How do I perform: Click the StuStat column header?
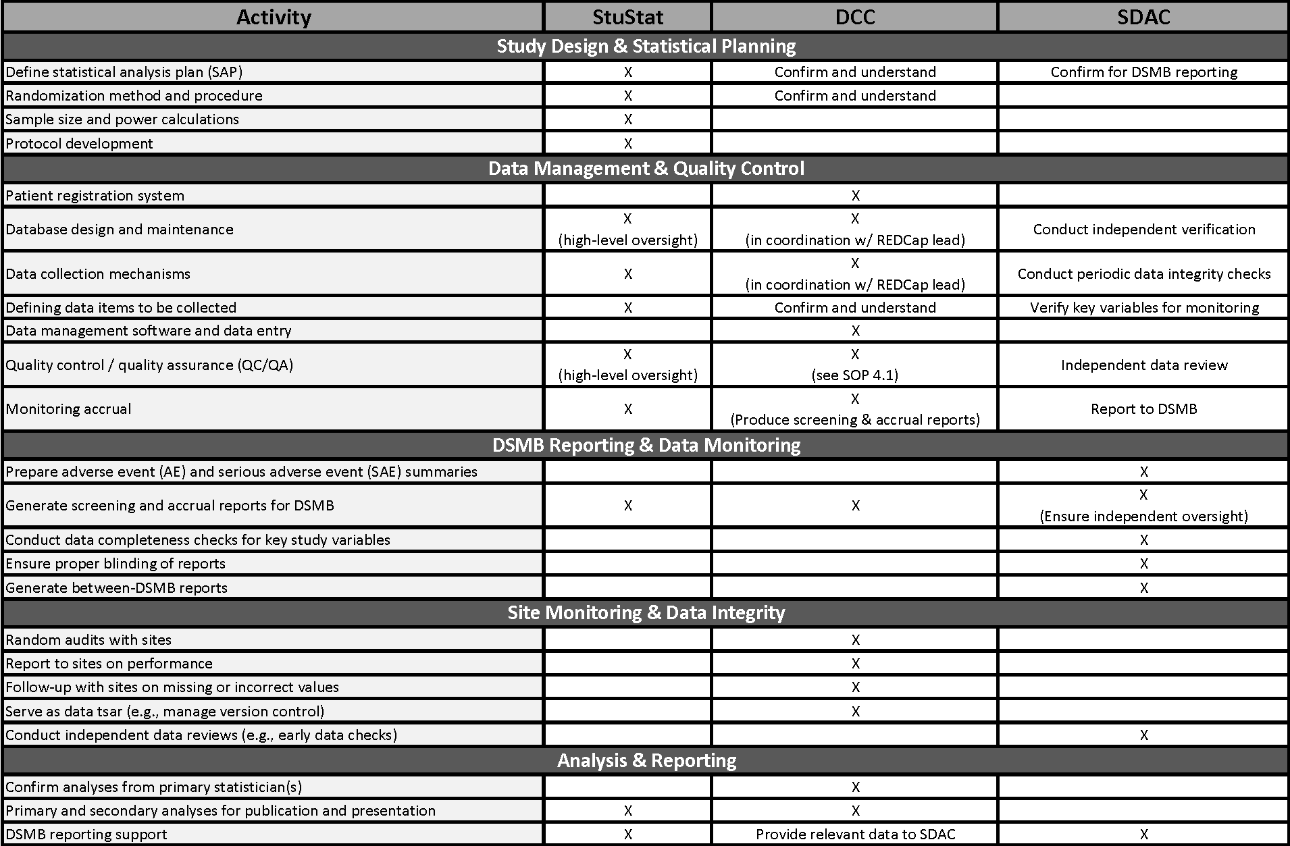pyautogui.click(x=627, y=17)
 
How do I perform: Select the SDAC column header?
pyautogui.click(x=1143, y=17)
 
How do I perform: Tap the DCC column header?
pyautogui.click(x=855, y=17)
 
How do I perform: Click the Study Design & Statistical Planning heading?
pyautogui.click(x=646, y=46)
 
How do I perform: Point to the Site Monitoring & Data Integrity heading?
pyautogui.click(x=646, y=612)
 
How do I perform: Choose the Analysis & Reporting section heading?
pyautogui.click(x=646, y=760)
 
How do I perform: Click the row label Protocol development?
pyautogui.click(x=79, y=143)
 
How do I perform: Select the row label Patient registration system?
pyautogui.click(x=95, y=195)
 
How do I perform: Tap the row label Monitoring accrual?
pyautogui.click(x=68, y=408)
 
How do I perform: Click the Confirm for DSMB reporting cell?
pyautogui.click(x=1143, y=72)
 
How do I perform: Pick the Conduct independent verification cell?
pyautogui.click(x=1143, y=229)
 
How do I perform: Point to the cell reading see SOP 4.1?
pyautogui.click(x=855, y=375)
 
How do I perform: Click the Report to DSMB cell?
pyautogui.click(x=1143, y=408)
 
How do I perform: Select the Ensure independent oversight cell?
pyautogui.click(x=1143, y=516)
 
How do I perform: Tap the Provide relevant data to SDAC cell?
pyautogui.click(x=855, y=834)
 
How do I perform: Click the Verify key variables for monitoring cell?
pyautogui.click(x=1143, y=307)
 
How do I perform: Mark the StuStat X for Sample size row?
pyautogui.click(x=627, y=120)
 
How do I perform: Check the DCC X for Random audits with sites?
pyautogui.click(x=855, y=639)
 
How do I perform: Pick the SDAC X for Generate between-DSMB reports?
pyautogui.click(x=1143, y=587)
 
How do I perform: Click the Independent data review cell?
pyautogui.click(x=1143, y=365)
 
